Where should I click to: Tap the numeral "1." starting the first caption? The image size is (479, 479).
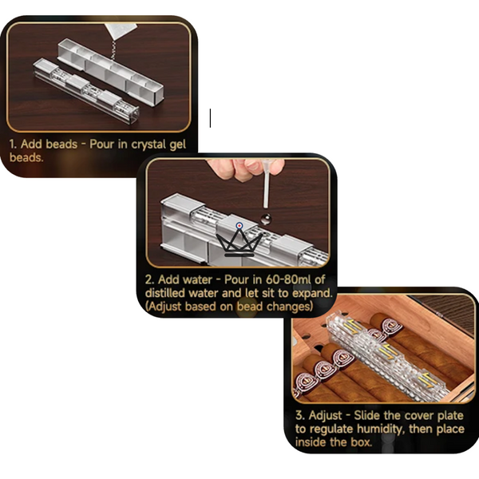(x=14, y=145)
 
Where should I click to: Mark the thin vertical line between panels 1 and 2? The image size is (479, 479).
(x=210, y=118)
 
